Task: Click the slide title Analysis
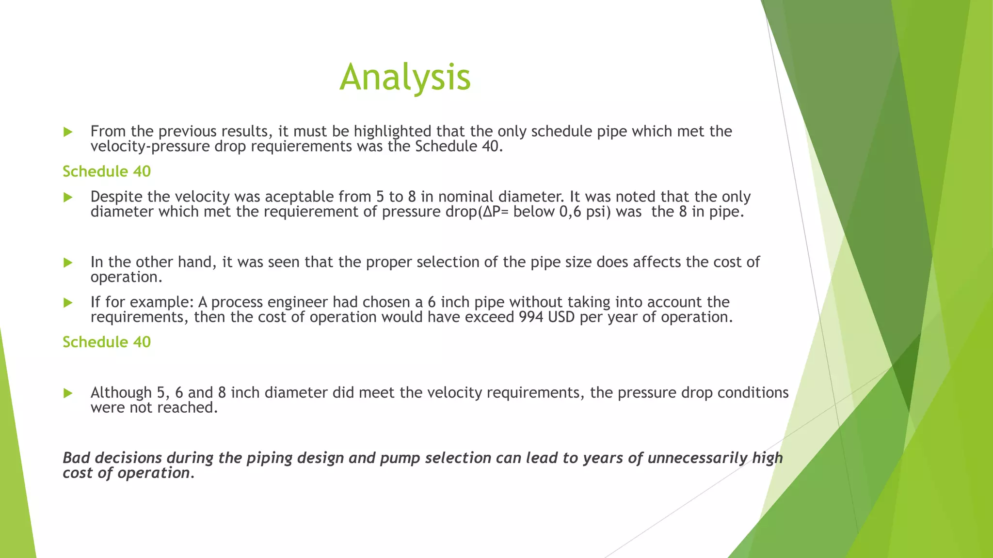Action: point(405,77)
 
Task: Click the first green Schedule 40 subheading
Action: point(107,171)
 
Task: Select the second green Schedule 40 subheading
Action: point(107,342)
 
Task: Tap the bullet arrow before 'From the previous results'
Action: point(68,132)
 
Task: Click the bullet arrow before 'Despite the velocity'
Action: point(68,197)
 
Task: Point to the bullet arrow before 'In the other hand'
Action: point(68,263)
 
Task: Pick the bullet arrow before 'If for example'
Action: point(68,303)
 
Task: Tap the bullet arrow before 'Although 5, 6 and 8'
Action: point(68,393)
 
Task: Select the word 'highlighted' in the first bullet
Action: point(392,132)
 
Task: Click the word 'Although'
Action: point(121,393)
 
